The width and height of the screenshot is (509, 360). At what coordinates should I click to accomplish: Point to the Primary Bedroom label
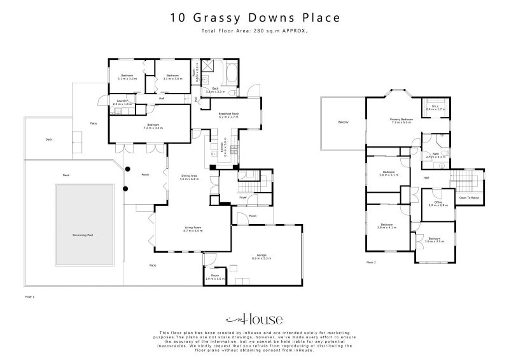click(401, 120)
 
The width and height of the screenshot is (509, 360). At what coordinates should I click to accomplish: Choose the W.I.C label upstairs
click(436, 108)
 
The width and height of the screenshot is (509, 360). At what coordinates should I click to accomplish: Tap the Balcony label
click(343, 122)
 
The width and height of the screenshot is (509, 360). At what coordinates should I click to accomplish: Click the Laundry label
click(122, 102)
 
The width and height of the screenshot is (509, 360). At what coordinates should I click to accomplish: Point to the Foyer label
click(243, 197)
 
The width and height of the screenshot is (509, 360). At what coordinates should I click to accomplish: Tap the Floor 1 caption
click(29, 297)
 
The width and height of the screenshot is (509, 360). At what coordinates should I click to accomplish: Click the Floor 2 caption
click(371, 262)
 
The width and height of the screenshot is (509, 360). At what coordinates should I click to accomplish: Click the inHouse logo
click(254, 319)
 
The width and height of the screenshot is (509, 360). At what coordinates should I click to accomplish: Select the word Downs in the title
click(264, 17)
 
